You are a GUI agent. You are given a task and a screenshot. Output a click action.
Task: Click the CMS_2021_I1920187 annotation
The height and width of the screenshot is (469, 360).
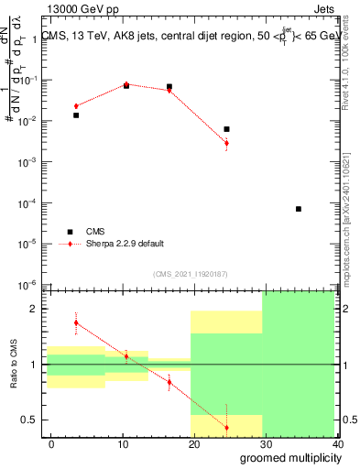tap(191, 274)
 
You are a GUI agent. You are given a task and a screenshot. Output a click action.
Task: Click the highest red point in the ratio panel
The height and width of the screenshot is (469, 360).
tap(76, 322)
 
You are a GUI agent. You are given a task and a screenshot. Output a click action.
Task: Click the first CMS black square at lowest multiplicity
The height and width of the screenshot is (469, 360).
tap(76, 115)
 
